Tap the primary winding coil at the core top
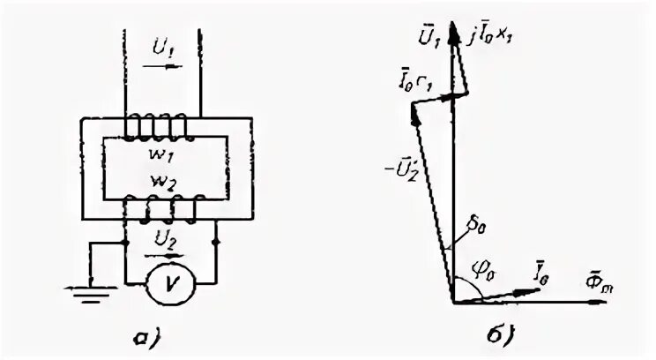click(156, 129)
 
